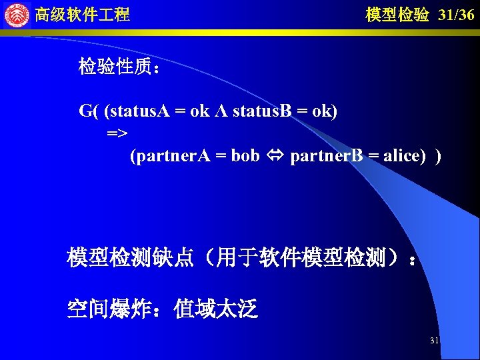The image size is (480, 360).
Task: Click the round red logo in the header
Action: coord(17,14)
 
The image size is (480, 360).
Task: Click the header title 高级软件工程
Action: coord(82,15)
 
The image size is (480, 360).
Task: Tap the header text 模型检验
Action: coord(397,15)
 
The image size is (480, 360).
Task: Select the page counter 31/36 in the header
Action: coord(457,15)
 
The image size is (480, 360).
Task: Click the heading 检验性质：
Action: coord(119,67)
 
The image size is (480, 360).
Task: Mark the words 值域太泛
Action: coord(215,309)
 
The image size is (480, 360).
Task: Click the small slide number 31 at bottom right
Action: coord(434,341)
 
